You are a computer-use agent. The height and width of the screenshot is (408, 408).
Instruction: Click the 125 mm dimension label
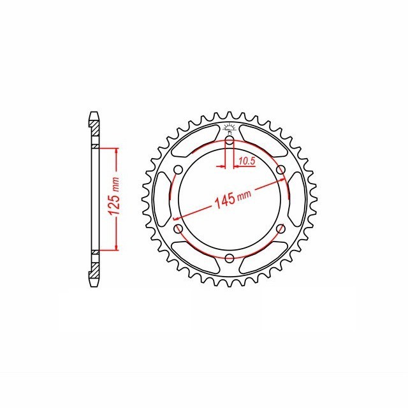(114, 196)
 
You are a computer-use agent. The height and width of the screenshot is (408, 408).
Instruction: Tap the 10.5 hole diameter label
(247, 161)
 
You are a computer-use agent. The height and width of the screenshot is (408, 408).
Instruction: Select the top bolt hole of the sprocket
(229, 141)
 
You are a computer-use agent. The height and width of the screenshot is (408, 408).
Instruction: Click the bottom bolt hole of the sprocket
(229, 258)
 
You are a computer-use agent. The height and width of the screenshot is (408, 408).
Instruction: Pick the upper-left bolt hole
(178, 170)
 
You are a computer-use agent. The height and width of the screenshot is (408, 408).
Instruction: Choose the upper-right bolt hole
(280, 170)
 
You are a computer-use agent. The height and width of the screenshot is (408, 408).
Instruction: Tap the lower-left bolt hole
(178, 229)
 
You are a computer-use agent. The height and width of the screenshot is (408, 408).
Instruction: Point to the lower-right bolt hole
(280, 229)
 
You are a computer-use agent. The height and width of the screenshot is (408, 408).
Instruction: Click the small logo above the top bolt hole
(229, 128)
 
